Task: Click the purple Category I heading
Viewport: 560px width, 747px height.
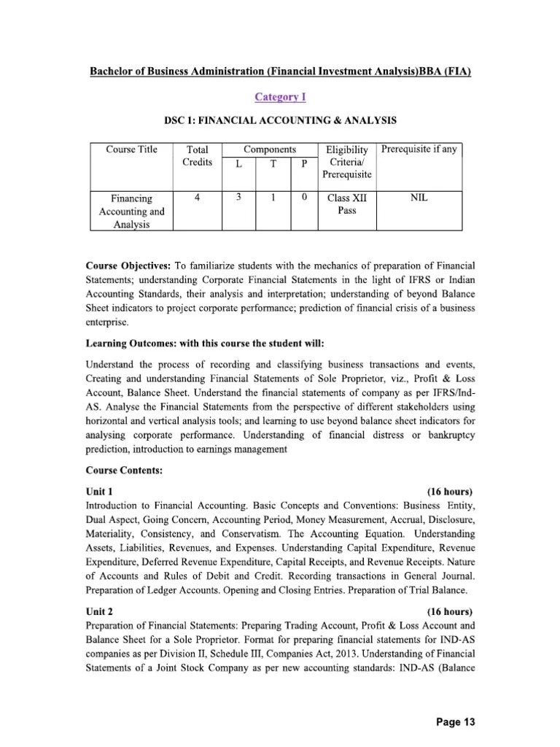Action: click(279, 96)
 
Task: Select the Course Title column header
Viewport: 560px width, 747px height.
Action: click(131, 150)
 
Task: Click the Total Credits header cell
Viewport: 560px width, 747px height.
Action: click(198, 155)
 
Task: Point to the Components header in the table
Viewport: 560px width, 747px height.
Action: click(269, 149)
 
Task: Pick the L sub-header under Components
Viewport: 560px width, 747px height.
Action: click(238, 164)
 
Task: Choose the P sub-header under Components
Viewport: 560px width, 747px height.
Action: click(305, 164)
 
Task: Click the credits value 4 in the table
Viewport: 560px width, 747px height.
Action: click(198, 198)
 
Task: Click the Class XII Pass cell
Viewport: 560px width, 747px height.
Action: click(347, 204)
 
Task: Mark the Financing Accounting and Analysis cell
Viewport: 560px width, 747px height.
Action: click(131, 212)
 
